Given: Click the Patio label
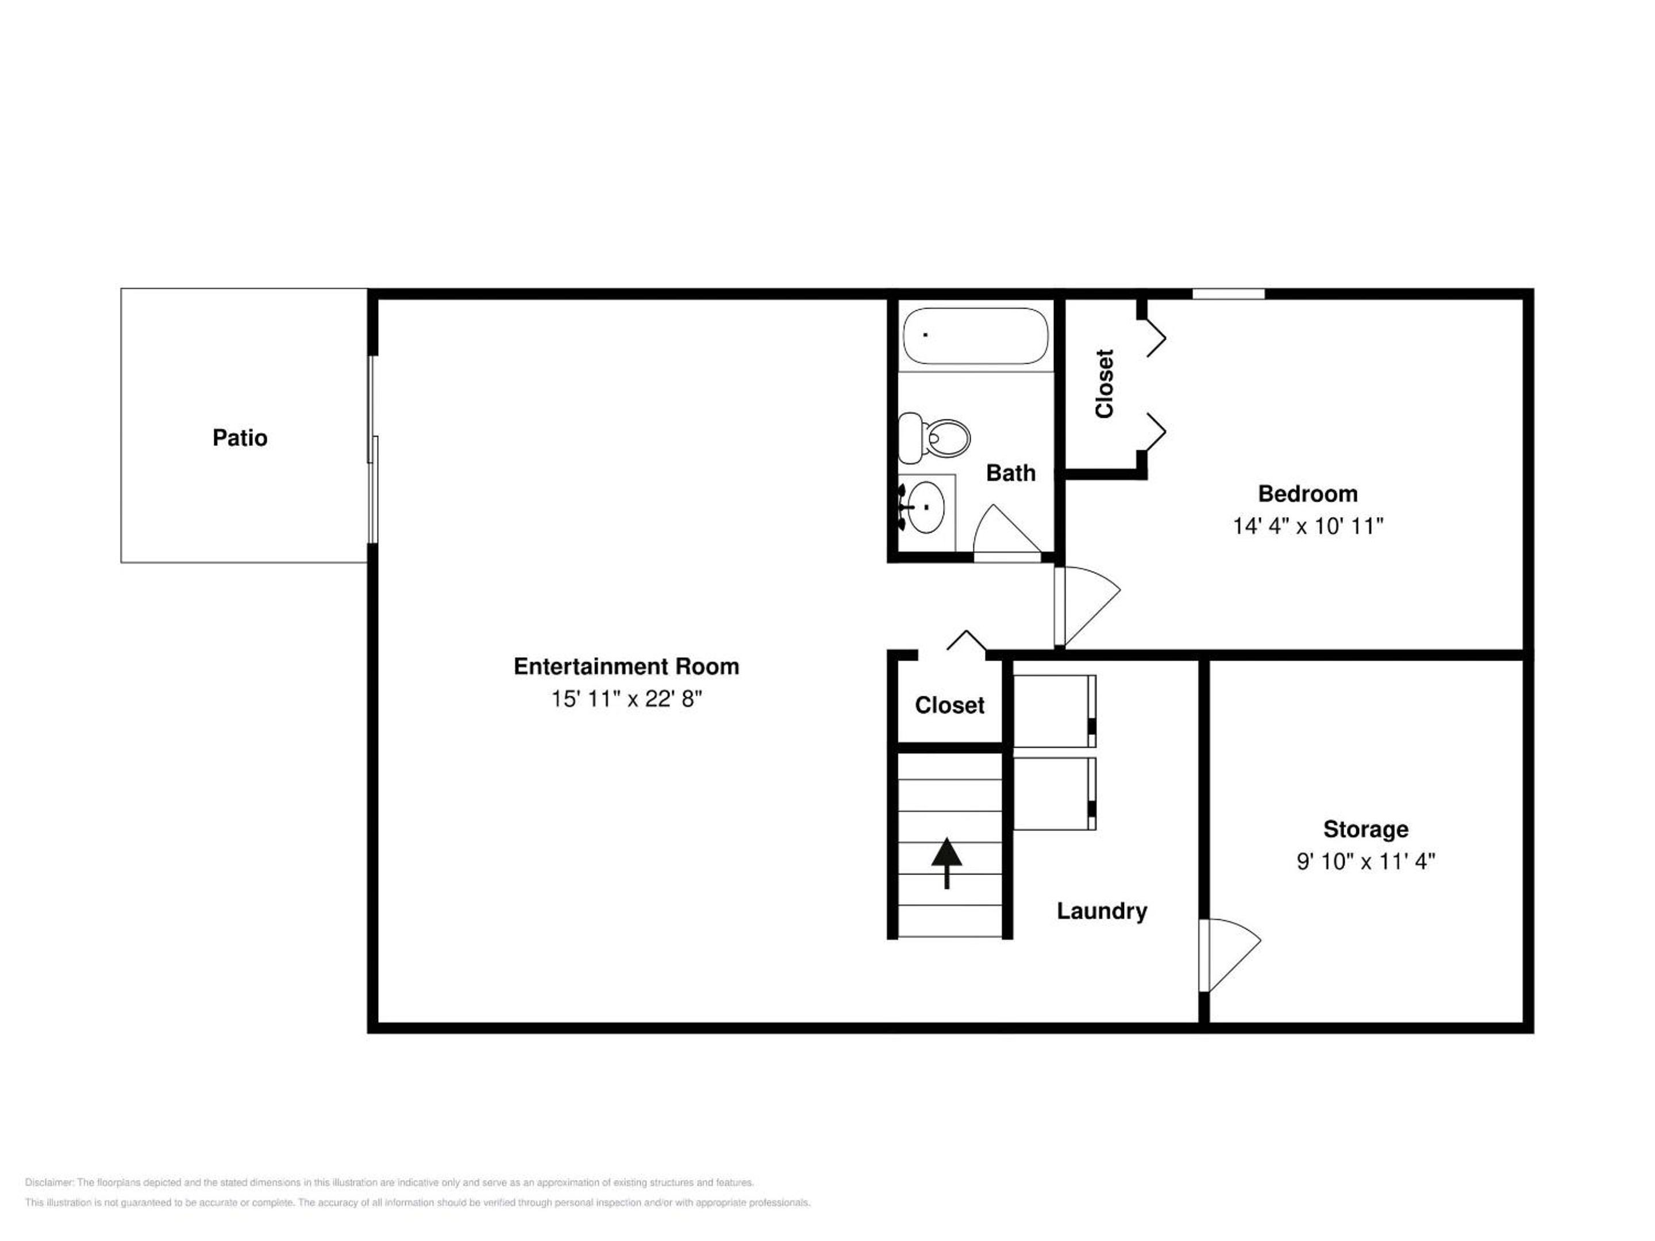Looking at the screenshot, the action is click(x=240, y=438).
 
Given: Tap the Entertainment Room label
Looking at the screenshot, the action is click(x=626, y=666).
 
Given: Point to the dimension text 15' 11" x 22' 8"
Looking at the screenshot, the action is click(x=626, y=699).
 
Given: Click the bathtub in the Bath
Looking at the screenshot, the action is click(x=976, y=336).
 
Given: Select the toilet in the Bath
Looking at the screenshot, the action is click(x=934, y=438).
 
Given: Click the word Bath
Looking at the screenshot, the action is click(x=1011, y=473).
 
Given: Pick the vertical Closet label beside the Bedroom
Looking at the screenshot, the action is click(x=1104, y=384).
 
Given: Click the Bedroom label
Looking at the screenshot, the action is click(x=1308, y=494).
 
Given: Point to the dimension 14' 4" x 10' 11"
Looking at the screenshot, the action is click(x=1308, y=527).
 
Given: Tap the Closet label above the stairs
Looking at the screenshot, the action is click(x=949, y=706).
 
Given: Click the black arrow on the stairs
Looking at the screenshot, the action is click(x=946, y=862).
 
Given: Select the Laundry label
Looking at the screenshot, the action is click(x=1102, y=911).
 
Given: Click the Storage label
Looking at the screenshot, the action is click(x=1365, y=829).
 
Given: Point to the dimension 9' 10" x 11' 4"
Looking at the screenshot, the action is click(x=1365, y=862).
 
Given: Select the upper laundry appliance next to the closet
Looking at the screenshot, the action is click(x=1055, y=711).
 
